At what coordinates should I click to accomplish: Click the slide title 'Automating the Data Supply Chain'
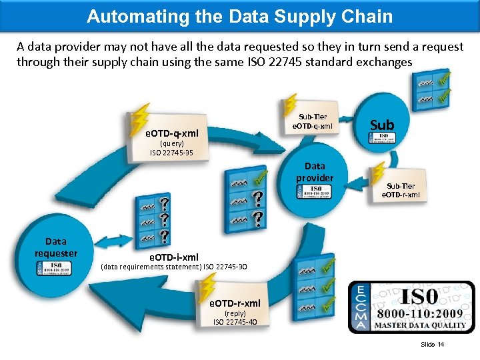240,16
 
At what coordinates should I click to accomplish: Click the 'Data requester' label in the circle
56,247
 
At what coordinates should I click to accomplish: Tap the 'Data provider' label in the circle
315,172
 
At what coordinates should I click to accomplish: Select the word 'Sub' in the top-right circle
382,125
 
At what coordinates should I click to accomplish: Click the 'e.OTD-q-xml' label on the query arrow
172,133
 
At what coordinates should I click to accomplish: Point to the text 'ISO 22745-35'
171,153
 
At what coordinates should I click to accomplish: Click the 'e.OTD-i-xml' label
173,256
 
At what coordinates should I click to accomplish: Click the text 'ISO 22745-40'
235,322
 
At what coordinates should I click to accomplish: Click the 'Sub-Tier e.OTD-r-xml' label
401,190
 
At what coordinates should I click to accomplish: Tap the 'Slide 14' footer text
432,344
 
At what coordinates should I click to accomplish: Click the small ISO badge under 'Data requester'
56,267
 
